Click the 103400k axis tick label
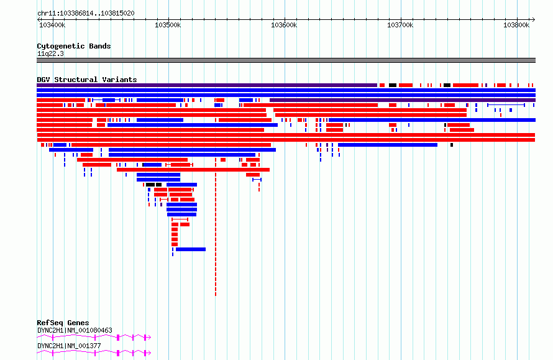tap(52, 25)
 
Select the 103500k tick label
tap(168, 25)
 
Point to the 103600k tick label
tap(284, 25)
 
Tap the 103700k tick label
tap(400, 25)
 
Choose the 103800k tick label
tap(516, 25)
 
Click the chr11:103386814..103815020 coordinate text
tap(86, 14)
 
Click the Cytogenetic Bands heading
tap(74, 46)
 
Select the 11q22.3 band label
tap(50, 53)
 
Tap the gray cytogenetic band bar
tap(286, 60)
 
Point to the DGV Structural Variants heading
tap(87, 80)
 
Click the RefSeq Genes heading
tap(63, 323)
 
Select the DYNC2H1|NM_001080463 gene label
tap(75, 330)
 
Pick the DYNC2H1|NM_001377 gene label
tap(69, 346)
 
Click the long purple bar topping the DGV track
tap(207, 85)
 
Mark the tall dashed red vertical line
tap(216, 227)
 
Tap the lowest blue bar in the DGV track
tap(191, 249)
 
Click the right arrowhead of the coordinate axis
tap(534, 20)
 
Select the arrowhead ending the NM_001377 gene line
tap(149, 353)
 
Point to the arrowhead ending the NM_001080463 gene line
tap(149, 338)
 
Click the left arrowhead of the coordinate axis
tap(39, 20)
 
